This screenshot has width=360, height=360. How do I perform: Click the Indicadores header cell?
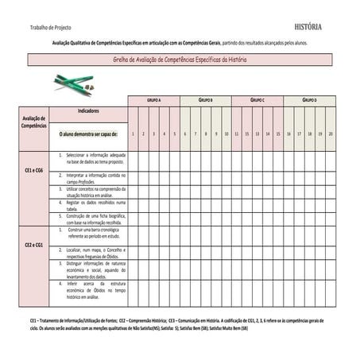(88, 112)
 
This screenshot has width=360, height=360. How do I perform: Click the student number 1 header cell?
(134, 134)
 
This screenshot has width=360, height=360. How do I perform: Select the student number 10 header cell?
(226, 134)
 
